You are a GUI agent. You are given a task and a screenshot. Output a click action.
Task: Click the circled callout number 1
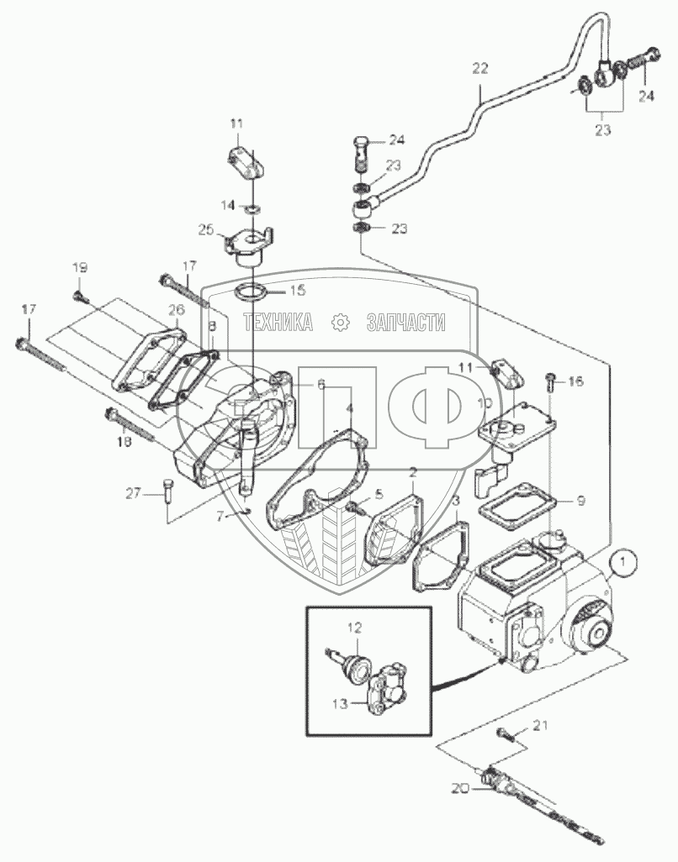622,562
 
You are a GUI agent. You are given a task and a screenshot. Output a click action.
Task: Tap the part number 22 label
479,69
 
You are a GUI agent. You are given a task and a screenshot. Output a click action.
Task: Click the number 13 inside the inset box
341,703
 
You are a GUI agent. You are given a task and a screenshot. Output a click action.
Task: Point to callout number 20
461,790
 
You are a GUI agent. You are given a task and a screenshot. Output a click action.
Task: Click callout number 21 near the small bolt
540,726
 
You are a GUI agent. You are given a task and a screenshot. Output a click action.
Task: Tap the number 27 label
133,493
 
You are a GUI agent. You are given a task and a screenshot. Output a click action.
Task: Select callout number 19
80,268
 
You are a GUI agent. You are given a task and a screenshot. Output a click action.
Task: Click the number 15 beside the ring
297,290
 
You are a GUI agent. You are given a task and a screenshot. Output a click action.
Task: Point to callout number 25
206,229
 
